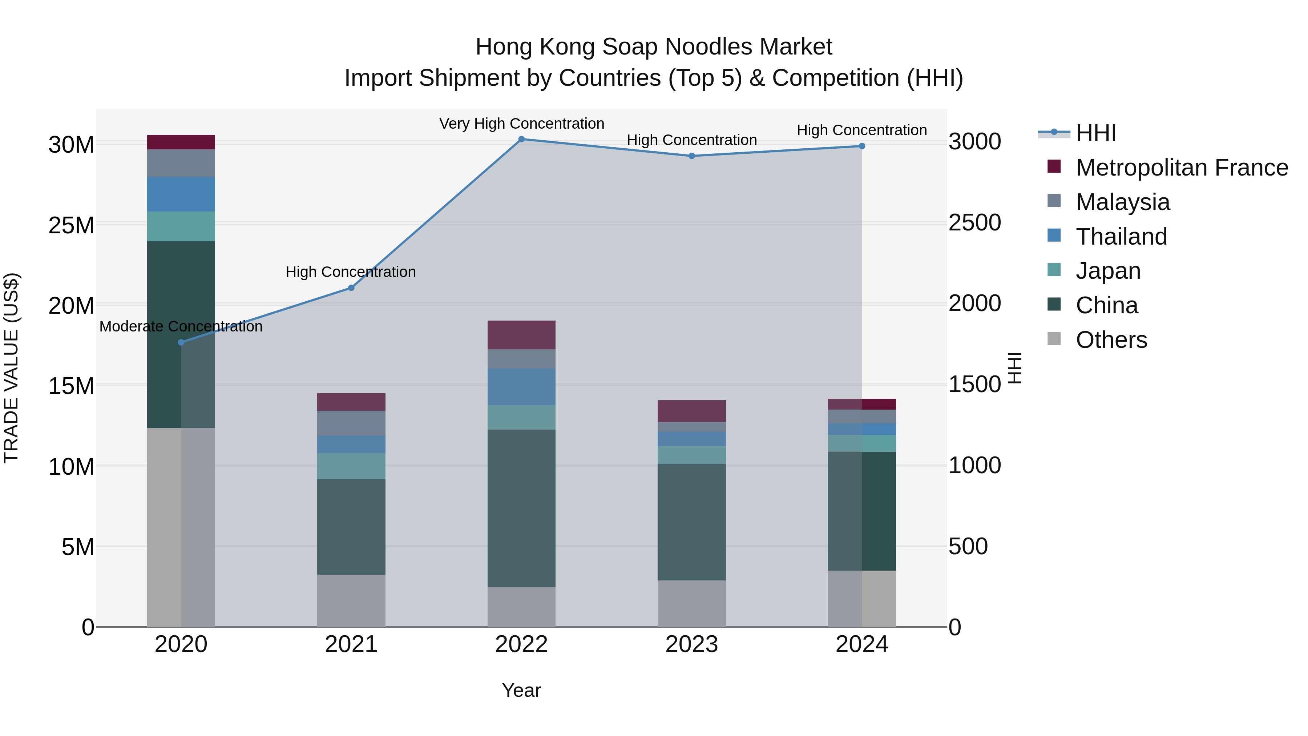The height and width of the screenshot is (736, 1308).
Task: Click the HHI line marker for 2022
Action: (x=521, y=139)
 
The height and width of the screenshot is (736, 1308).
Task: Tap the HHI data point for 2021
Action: (x=351, y=288)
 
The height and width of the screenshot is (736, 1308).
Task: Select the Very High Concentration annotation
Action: (x=521, y=124)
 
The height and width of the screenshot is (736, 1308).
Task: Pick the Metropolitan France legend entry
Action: (x=1181, y=168)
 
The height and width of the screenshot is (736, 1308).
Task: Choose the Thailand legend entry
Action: (x=1121, y=237)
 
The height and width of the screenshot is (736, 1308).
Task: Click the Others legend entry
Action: (x=1111, y=340)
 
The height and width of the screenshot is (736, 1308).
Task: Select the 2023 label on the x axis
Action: (x=691, y=644)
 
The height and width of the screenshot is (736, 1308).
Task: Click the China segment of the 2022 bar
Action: (x=521, y=508)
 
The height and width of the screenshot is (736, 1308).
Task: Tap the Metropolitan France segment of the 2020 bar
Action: (x=181, y=142)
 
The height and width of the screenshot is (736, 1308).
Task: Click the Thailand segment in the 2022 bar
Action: (x=521, y=387)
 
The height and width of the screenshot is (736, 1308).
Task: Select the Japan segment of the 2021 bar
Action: (x=351, y=466)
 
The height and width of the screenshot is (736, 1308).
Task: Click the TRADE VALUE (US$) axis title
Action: (x=11, y=368)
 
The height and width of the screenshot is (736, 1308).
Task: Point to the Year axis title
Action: (x=521, y=690)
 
